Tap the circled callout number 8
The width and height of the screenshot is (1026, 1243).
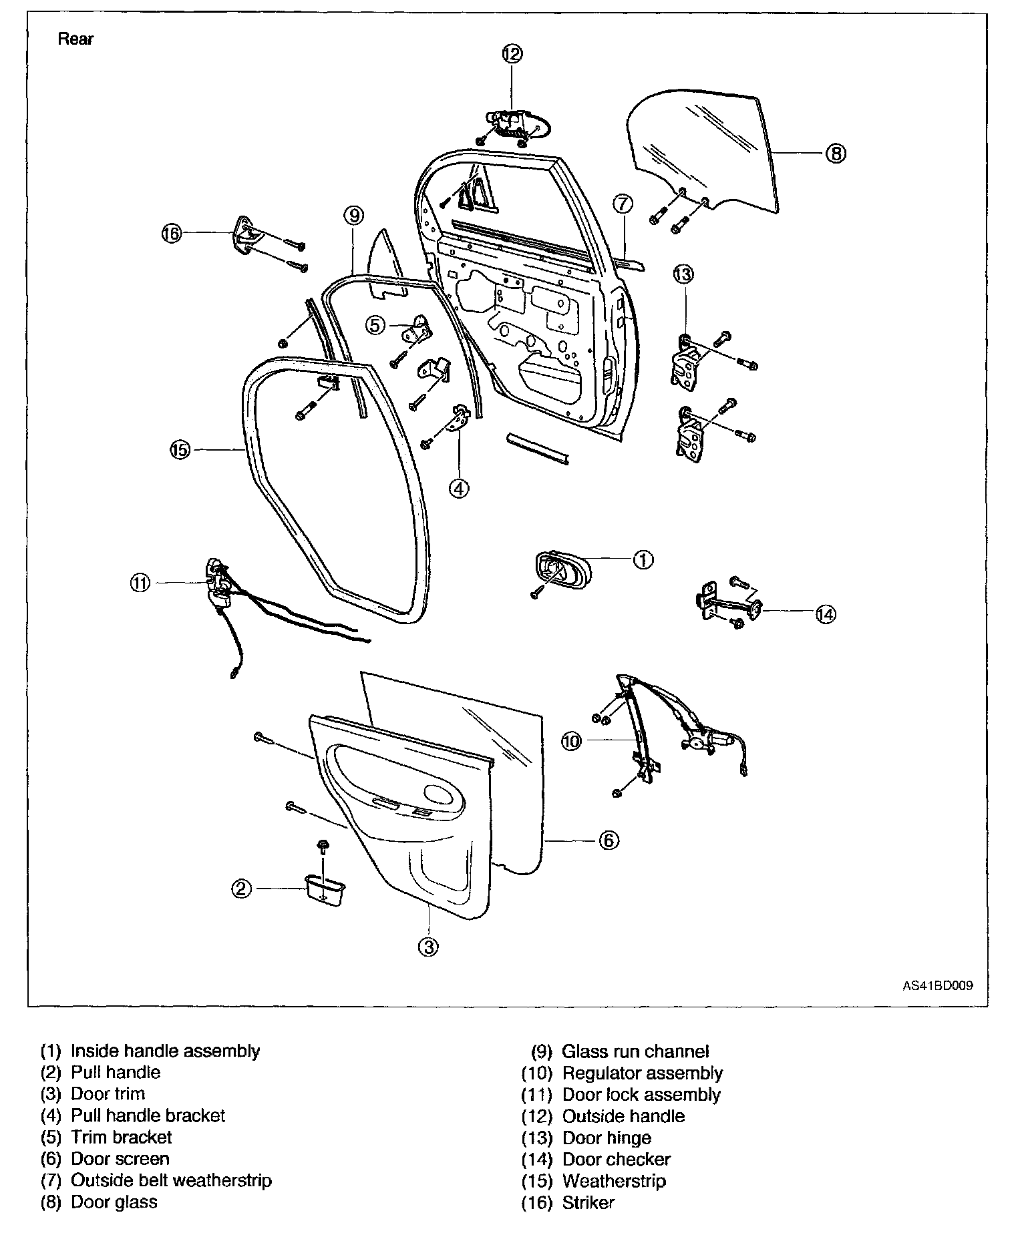[836, 154]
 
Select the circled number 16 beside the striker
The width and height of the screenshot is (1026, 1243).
[172, 233]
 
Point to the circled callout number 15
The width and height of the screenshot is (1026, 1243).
[180, 450]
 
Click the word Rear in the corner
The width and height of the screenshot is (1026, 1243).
[75, 39]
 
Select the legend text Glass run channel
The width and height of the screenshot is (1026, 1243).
[635, 1051]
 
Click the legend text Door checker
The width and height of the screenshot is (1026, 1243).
[617, 1160]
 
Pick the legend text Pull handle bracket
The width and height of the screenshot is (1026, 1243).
[148, 1115]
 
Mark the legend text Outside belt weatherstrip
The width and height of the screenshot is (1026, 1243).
[172, 1180]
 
